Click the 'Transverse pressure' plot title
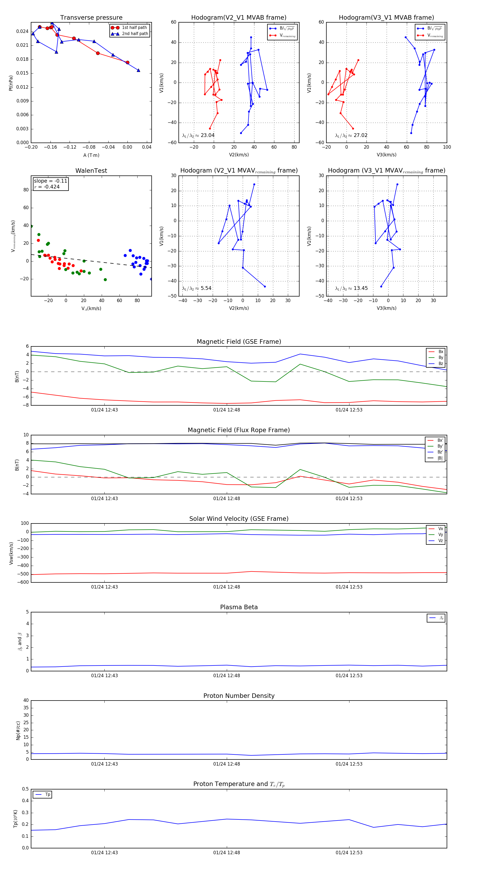tap(91, 18)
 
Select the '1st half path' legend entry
tap(134, 28)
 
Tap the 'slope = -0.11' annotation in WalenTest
tap(50, 181)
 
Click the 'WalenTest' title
tap(91, 171)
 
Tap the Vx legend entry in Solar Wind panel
tap(440, 529)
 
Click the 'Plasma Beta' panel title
tap(239, 607)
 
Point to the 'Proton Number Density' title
tap(239, 696)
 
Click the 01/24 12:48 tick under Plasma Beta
tap(227, 675)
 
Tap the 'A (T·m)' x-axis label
tap(91, 155)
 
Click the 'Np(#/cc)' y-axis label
tap(18, 731)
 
